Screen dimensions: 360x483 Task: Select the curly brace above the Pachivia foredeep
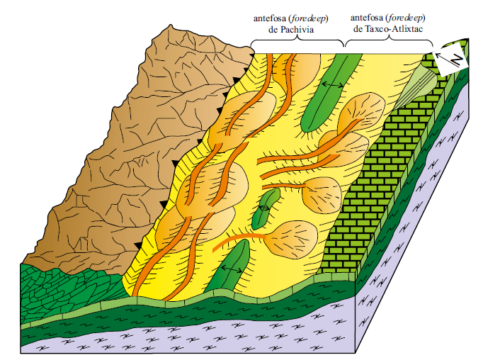tap(297, 44)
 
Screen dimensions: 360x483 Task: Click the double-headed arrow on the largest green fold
tap(331, 84)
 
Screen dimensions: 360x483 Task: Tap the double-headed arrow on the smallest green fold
tap(264, 208)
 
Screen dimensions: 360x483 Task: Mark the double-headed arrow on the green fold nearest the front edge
tap(229, 269)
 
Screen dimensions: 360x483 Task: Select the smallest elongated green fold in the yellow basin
tap(265, 208)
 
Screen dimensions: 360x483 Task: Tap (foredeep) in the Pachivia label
tap(318, 18)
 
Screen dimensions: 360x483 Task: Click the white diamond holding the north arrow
tap(450, 59)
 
